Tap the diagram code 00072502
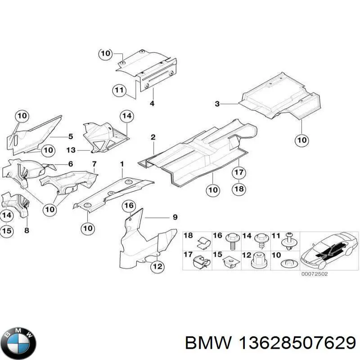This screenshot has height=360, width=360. click(314, 274)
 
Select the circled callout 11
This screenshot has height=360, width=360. click(119, 90)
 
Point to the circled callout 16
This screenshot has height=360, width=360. click(129, 206)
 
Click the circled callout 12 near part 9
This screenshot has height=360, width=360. click(157, 266)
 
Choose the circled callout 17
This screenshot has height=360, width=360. click(239, 172)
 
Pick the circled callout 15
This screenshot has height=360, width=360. click(7, 230)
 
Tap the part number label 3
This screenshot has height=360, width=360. click(217, 104)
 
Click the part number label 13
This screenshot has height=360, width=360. click(71, 150)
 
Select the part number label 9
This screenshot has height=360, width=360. click(175, 217)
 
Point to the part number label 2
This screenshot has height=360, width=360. click(153, 137)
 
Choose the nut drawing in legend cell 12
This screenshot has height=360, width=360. click(260, 261)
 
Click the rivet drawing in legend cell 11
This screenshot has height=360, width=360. click(290, 241)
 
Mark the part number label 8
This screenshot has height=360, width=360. click(27, 230)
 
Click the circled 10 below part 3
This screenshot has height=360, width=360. click(301, 140)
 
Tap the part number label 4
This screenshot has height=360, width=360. click(152, 103)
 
